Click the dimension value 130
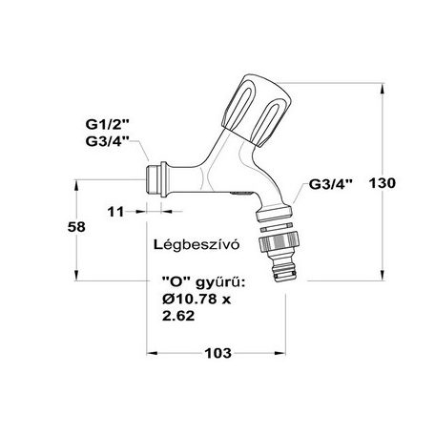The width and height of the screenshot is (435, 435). (383, 183)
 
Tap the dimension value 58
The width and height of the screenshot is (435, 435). (76, 227)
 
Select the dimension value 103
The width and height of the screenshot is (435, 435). (217, 353)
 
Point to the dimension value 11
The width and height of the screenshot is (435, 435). (115, 212)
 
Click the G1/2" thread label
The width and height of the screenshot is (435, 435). (108, 124)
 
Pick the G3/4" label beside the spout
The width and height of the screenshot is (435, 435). (331, 184)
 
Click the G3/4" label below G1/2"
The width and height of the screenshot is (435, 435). (108, 141)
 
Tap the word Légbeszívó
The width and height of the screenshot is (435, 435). (197, 245)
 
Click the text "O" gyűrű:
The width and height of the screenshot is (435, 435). (203, 282)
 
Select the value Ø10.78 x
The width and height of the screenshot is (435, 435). (197, 299)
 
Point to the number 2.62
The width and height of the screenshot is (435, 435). (178, 316)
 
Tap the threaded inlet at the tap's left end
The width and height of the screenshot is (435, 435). (154, 179)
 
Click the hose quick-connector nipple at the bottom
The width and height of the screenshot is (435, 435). (284, 269)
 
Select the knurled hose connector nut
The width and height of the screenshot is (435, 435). (280, 242)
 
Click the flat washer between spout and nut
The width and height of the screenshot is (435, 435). (276, 227)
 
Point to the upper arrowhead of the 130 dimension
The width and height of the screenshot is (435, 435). (383, 89)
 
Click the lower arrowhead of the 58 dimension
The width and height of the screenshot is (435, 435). (76, 276)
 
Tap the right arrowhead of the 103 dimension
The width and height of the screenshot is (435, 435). (280, 353)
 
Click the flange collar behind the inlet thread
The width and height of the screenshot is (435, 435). (163, 179)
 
